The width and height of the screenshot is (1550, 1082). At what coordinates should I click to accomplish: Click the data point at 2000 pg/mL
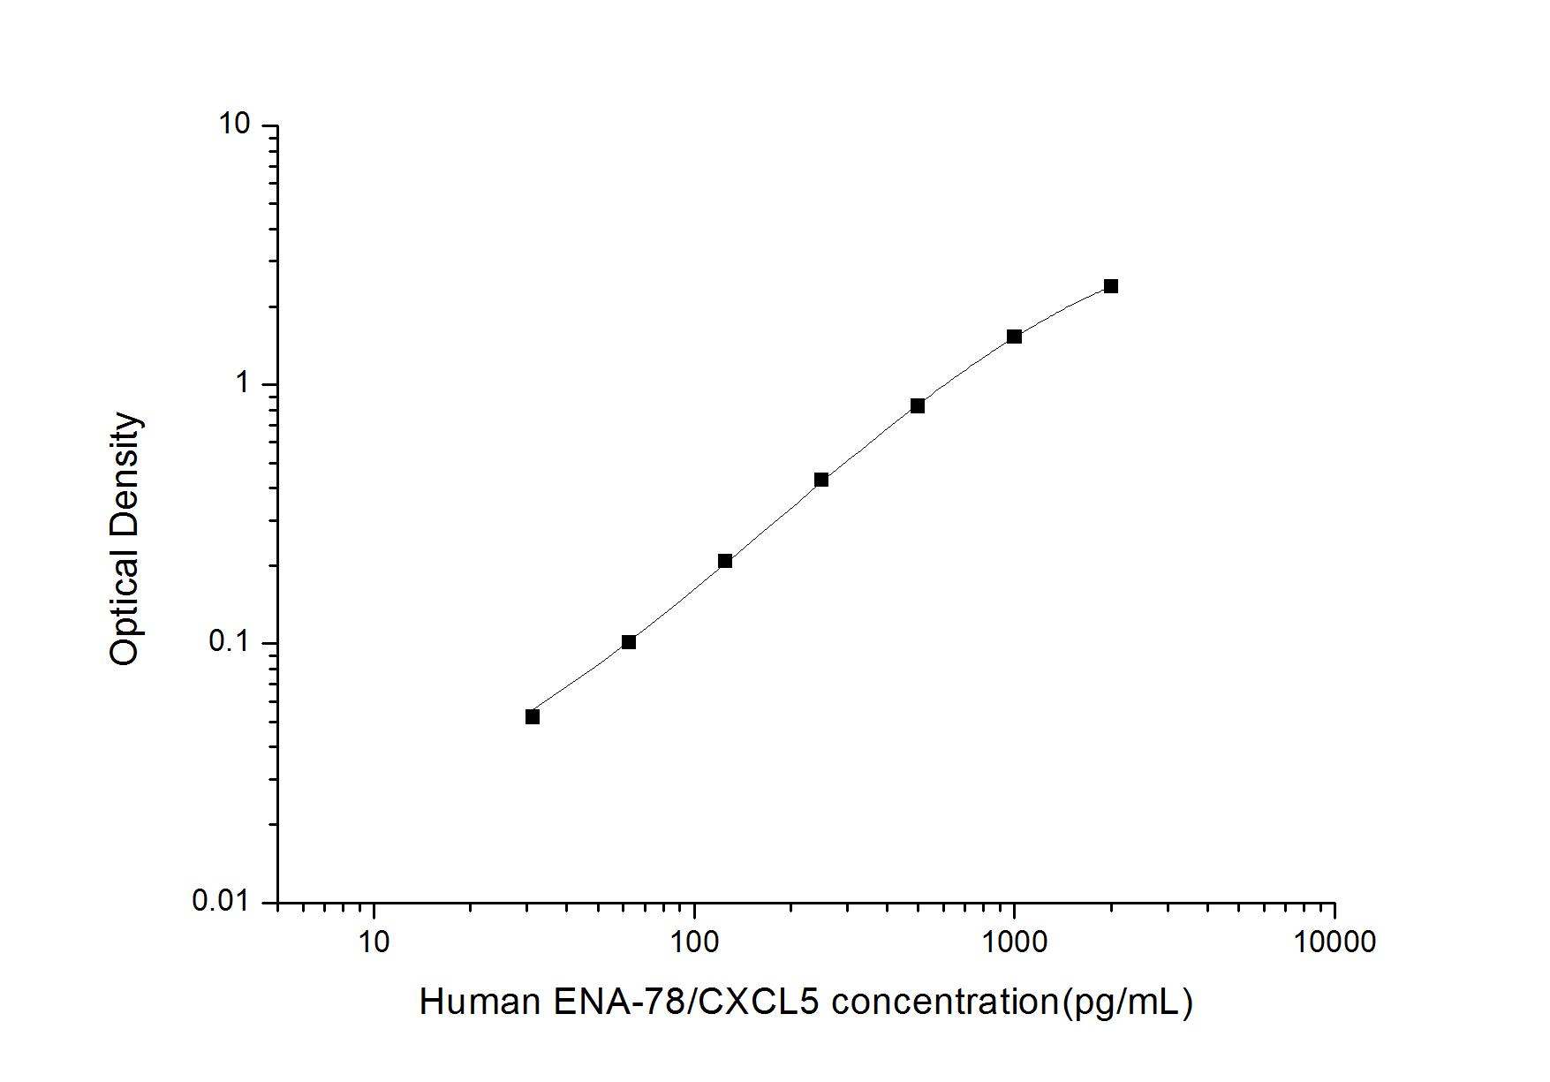coord(1110,286)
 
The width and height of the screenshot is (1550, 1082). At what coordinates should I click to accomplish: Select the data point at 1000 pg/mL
coord(1014,337)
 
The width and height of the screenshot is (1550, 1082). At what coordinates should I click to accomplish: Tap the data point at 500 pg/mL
coord(918,405)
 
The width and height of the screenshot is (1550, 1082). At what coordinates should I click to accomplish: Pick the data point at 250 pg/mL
coord(821,480)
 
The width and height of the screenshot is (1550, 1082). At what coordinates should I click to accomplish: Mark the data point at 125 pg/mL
coord(725,561)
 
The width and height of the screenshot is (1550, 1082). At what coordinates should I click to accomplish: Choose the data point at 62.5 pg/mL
coord(629,642)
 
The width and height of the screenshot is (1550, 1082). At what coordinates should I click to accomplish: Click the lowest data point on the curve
coord(533,716)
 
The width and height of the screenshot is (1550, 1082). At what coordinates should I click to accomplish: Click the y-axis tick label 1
coord(244,383)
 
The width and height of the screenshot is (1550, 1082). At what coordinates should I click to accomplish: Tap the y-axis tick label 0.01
coord(222,901)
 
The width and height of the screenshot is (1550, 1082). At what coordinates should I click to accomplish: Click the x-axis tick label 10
coord(374,942)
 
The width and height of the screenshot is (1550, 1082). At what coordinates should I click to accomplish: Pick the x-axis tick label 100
coord(694,942)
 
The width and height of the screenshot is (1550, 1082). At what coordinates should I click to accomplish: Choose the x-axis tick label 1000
coord(1014,942)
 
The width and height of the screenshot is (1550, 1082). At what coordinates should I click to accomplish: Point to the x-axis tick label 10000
coord(1334,942)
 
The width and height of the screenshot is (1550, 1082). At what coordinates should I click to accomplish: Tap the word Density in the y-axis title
coord(125,473)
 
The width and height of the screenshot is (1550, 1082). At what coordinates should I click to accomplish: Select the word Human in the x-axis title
coord(480,1003)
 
